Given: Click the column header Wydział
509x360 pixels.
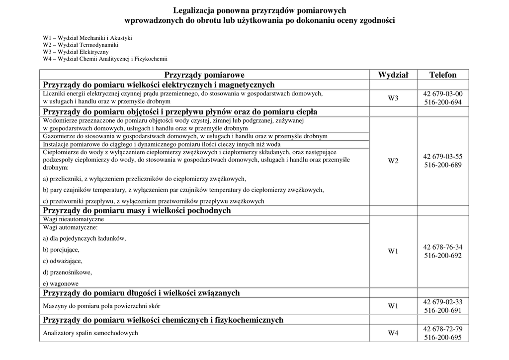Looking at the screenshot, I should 393,75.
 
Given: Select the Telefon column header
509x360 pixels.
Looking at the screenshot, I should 443,75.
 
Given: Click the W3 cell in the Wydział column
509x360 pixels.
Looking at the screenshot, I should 393,98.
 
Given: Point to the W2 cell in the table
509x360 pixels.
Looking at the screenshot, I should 393,161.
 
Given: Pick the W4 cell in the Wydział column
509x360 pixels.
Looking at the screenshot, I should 393,333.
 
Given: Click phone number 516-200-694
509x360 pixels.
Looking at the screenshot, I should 443,102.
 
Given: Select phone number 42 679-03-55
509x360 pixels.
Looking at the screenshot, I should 443,156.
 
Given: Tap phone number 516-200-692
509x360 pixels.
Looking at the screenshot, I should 443,256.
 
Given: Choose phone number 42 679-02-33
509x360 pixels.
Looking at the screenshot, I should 443,302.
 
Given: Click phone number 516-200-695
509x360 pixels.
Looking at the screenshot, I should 443,338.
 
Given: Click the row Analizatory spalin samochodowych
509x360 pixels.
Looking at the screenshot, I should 90,333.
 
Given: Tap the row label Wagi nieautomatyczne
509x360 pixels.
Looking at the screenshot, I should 74,219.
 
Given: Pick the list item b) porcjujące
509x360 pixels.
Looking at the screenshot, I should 61,250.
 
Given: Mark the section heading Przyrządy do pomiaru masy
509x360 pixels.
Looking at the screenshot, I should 137,210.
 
